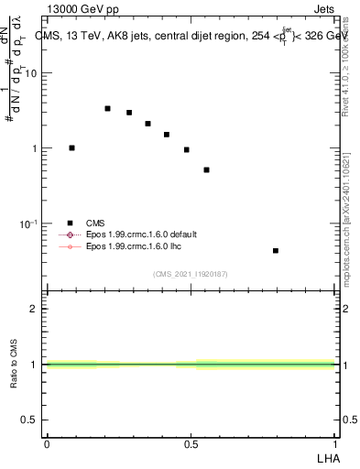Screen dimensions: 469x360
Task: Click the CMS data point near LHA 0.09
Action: (71, 147)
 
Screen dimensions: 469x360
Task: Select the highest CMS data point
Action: (107, 108)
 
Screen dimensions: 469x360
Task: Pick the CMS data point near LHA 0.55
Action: (207, 169)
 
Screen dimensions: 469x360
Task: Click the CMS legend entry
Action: (95, 223)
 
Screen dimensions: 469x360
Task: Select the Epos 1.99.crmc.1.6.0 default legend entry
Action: (141, 234)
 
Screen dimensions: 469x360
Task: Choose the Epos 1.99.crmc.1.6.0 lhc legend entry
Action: (136, 246)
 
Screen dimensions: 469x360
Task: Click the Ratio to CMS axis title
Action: (15, 365)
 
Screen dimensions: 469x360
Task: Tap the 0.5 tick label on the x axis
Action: (191, 442)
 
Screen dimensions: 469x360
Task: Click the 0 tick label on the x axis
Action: (47, 442)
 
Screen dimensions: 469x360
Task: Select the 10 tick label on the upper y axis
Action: (31, 73)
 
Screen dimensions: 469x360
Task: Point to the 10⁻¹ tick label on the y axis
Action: (28, 224)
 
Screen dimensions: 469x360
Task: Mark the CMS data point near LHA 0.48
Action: (186, 149)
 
